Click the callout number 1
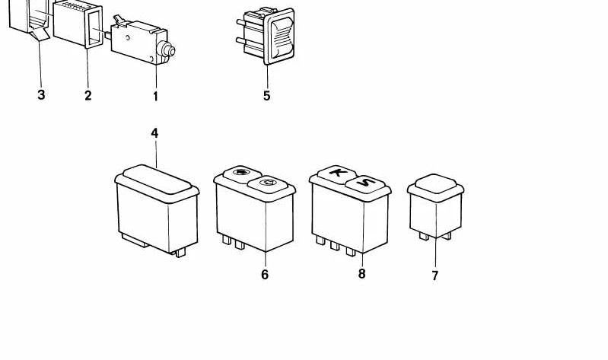[x=155, y=96]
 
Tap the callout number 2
[x=88, y=95]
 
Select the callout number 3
[x=41, y=94]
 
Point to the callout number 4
[x=154, y=133]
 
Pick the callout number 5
[x=267, y=95]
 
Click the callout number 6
[x=265, y=275]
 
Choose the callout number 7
[x=435, y=276]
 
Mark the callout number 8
[x=361, y=274]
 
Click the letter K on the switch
[x=336, y=171]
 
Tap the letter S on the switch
[x=365, y=182]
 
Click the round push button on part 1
[x=169, y=50]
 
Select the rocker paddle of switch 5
[x=282, y=38]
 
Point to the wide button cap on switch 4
[x=157, y=179]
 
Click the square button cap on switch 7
[x=435, y=183]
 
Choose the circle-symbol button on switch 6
[x=268, y=183]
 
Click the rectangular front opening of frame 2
[x=94, y=30]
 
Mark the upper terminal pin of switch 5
[x=241, y=23]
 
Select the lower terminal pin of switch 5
[x=240, y=40]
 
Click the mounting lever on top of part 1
[x=120, y=21]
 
